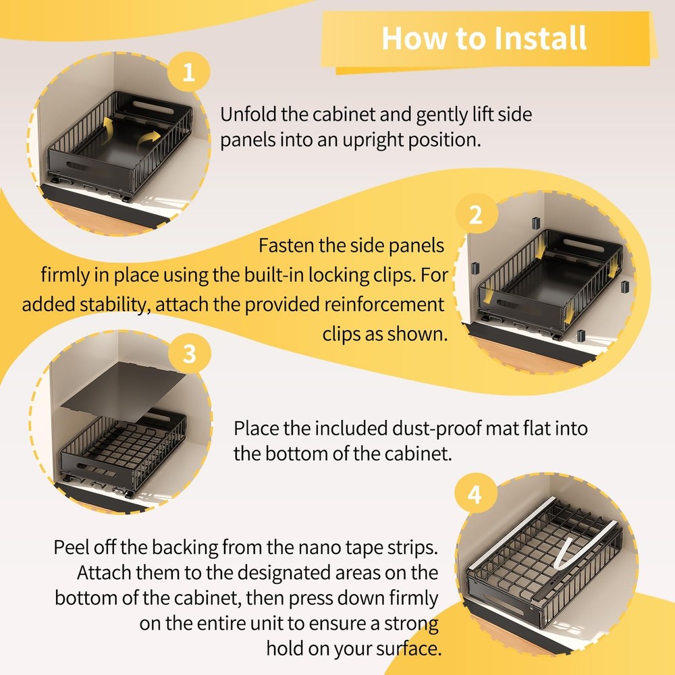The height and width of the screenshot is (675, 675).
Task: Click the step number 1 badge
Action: (x=188, y=72)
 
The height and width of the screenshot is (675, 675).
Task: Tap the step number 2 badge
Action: (x=475, y=214)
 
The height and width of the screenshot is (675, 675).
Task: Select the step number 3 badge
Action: (x=190, y=354)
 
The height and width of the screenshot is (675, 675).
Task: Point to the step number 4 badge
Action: (x=475, y=494)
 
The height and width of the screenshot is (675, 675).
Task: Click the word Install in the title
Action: (x=540, y=38)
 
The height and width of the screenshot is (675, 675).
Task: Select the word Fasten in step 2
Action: (x=286, y=246)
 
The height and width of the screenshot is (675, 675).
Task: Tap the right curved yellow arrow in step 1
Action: (x=151, y=140)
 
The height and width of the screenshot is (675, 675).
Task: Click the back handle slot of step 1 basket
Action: (x=153, y=107)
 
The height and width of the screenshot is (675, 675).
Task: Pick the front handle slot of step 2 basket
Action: (x=508, y=304)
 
